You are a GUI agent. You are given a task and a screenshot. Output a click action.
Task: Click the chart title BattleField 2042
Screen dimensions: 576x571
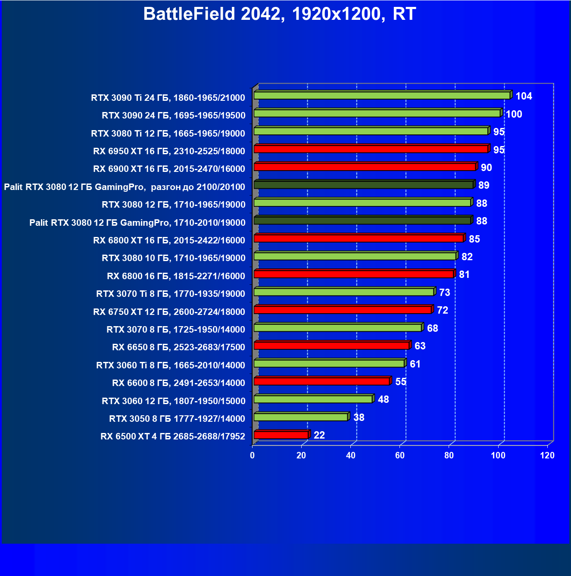[279, 14]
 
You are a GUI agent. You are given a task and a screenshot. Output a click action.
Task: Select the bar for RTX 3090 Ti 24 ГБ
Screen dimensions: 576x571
[382, 95]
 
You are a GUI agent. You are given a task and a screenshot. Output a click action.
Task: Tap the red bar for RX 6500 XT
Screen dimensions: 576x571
[281, 435]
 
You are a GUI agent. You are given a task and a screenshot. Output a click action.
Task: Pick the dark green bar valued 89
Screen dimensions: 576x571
[363, 185]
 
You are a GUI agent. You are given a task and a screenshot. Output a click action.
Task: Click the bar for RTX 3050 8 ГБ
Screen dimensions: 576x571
[301, 417]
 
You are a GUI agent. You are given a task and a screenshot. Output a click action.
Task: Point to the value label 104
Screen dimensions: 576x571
[524, 96]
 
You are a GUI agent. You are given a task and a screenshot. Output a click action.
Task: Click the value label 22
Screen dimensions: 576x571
[319, 435]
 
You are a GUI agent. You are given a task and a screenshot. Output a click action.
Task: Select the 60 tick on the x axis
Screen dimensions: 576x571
[400, 455]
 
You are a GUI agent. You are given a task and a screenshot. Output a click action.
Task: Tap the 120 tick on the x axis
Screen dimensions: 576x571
[547, 455]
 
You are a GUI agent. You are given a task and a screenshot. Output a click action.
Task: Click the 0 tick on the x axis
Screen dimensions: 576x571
[253, 455]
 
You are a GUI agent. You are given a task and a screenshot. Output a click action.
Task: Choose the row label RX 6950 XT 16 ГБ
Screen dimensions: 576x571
[169, 151]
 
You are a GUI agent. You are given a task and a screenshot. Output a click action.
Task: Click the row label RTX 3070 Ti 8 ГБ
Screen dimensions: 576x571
[171, 294]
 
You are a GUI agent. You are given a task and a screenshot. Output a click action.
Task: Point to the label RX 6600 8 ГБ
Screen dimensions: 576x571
[178, 383]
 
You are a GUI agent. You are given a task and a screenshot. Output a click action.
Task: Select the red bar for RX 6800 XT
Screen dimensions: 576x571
[359, 238]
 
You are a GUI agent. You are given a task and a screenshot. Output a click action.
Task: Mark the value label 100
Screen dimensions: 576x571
[514, 114]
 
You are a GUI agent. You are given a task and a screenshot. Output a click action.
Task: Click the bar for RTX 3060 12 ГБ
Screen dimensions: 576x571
[313, 399]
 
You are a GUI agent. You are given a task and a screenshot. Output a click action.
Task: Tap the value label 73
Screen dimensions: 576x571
[445, 293]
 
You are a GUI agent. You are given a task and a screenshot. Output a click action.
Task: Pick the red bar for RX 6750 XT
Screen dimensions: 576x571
[343, 310]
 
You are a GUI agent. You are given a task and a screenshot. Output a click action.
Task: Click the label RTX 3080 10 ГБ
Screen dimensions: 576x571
[173, 258]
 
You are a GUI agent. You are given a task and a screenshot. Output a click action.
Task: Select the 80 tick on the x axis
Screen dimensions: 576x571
[449, 455]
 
